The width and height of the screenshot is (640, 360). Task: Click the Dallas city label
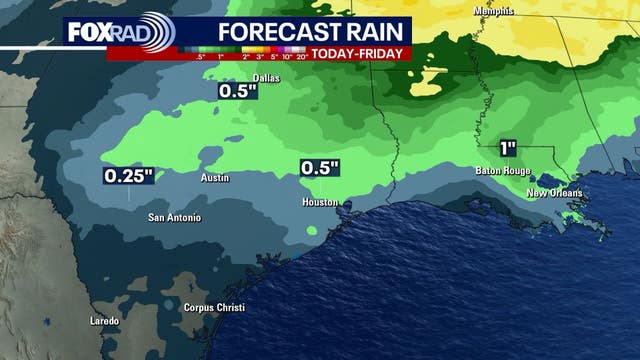point(238,76)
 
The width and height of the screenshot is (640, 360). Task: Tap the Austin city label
point(216,178)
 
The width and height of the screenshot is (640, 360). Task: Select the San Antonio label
point(174,217)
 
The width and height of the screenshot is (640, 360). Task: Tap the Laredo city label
point(104,321)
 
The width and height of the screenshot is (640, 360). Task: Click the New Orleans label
point(554,192)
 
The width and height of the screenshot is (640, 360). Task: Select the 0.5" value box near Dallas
point(239,92)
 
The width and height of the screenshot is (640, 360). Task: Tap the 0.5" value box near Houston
point(321,168)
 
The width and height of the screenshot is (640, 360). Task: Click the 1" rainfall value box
point(508,148)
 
